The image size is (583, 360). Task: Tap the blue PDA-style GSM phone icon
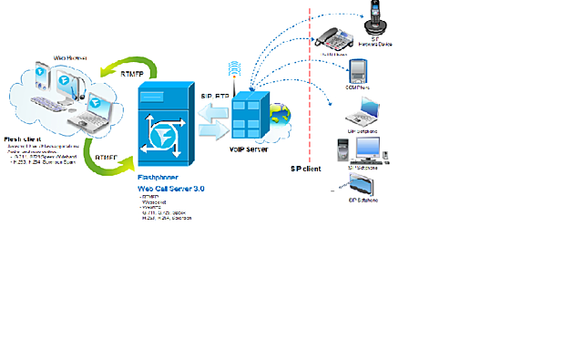[x=357, y=72]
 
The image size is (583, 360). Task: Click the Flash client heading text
[x=23, y=139]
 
